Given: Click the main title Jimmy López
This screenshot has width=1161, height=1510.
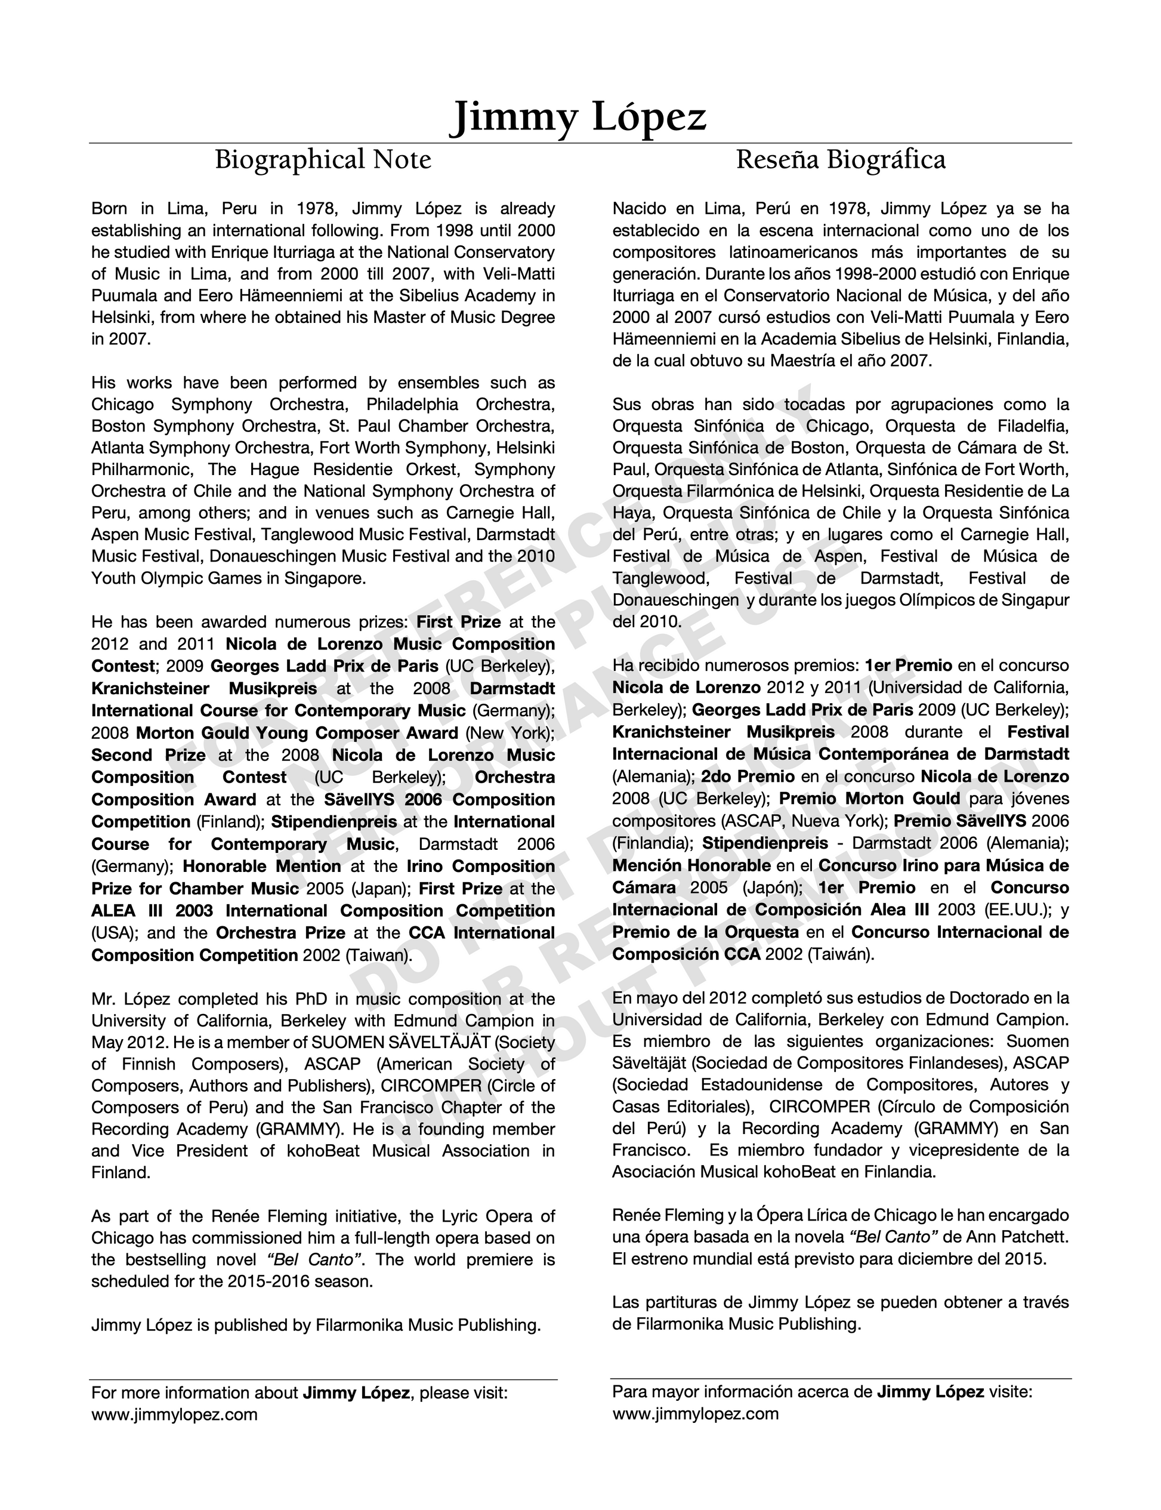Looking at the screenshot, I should (579, 117).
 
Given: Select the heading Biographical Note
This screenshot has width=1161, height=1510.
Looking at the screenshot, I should (323, 160).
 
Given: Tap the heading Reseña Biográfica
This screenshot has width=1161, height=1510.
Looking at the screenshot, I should (841, 160).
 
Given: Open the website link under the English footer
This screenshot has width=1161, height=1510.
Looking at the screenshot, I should (174, 1415).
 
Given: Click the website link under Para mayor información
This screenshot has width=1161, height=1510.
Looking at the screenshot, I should (695, 1414).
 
